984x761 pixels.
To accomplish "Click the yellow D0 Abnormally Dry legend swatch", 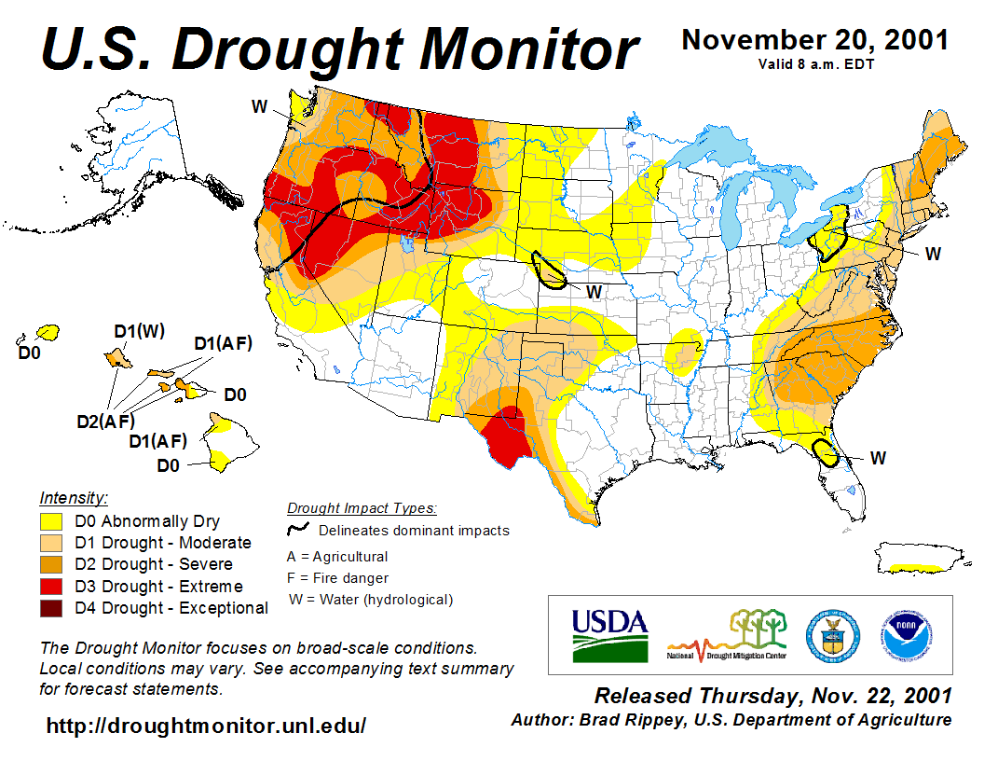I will pos(50,521).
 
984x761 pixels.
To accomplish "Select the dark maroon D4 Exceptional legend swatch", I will pos(50,608).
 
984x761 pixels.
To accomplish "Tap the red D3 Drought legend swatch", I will pos(50,587).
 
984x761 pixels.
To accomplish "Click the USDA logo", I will pos(609,634).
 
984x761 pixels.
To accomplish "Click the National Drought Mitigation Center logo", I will pos(728,634).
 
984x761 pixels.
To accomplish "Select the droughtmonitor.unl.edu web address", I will pos(206,725).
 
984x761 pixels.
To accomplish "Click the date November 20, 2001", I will pos(815,40).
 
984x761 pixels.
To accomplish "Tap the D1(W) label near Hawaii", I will pos(139,332).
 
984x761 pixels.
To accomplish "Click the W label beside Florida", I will pos(878,458).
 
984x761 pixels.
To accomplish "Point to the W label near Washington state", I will pos(260,106).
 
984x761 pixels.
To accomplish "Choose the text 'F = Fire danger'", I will pos(337,578).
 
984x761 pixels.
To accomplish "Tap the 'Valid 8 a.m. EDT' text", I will pos(816,63).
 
